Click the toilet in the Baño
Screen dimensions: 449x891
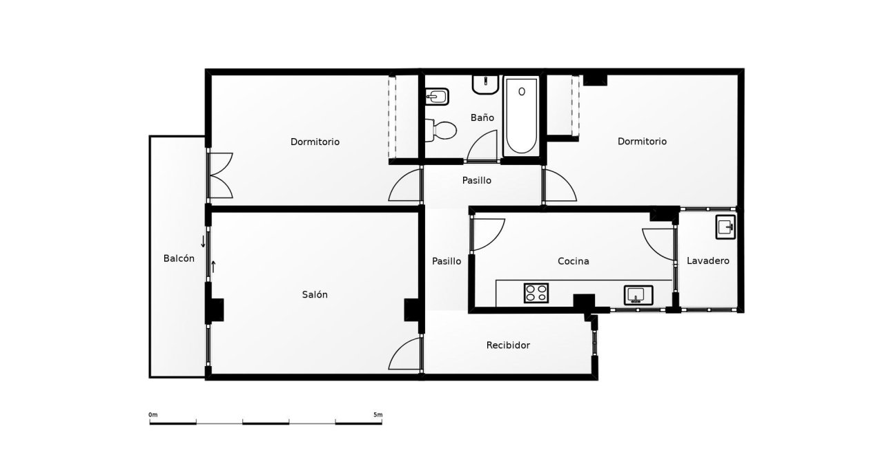[x=442, y=129]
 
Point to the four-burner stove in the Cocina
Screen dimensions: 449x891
[x=536, y=293]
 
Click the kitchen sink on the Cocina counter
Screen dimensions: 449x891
[x=637, y=295]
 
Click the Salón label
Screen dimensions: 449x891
[x=315, y=294]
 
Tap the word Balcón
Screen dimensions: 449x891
[x=179, y=258]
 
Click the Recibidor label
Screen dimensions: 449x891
[x=508, y=345]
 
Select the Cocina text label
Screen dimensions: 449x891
[x=573, y=261]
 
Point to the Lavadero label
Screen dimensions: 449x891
[x=708, y=261]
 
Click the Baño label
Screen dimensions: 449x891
[x=482, y=117]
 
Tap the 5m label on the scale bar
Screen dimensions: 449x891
[x=378, y=414]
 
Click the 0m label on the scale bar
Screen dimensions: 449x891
[x=153, y=414]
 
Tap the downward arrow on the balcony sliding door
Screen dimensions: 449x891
[x=203, y=242]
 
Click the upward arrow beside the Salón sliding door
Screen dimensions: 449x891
[x=213, y=266]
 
